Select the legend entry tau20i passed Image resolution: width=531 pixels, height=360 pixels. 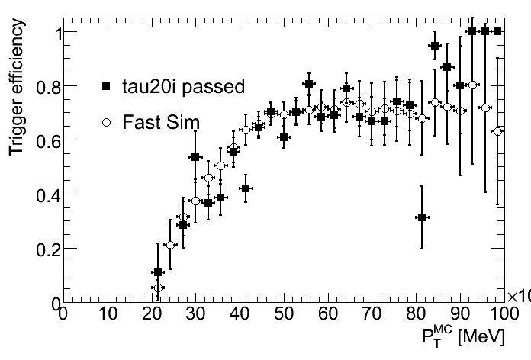coord(183,87)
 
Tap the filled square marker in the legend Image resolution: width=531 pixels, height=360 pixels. coord(107,87)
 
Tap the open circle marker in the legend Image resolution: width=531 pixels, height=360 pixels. coord(107,121)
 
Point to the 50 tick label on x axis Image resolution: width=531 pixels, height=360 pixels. coord(283,314)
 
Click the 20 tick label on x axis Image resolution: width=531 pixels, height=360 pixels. coord(151,314)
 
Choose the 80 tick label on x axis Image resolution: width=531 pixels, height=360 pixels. coord(415,314)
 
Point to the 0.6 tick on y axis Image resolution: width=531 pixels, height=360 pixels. coord(45,140)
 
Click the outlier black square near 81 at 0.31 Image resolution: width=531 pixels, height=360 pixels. coord(421,217)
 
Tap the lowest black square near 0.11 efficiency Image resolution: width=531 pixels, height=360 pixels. coord(158,272)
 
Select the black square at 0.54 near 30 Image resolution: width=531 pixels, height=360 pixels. coord(195,157)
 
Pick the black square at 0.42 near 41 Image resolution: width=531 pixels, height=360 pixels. coord(246,188)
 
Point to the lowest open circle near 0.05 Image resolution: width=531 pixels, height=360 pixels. coord(157,288)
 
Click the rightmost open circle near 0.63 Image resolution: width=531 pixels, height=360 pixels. coord(498,131)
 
